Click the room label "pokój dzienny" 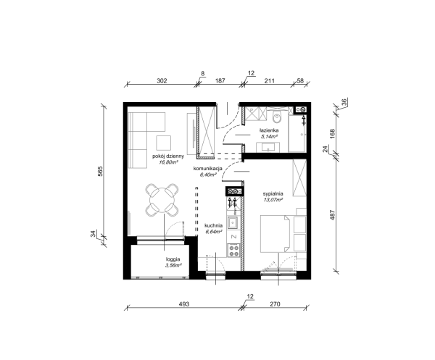(168, 156)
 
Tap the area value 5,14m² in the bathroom (269, 136)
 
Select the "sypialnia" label (273, 193)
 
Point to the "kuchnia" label (213, 225)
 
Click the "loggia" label (173, 259)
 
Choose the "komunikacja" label (208, 169)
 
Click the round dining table (162, 200)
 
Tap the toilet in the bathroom (277, 117)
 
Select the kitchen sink (233, 222)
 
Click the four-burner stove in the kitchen (233, 251)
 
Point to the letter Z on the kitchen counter (233, 237)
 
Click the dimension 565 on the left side (100, 171)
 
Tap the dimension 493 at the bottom (184, 304)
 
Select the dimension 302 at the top (162, 81)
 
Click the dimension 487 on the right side (333, 215)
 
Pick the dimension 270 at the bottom (275, 304)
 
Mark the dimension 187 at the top (220, 81)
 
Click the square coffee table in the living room (163, 143)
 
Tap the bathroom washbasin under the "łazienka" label (268, 147)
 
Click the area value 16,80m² (168, 163)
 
